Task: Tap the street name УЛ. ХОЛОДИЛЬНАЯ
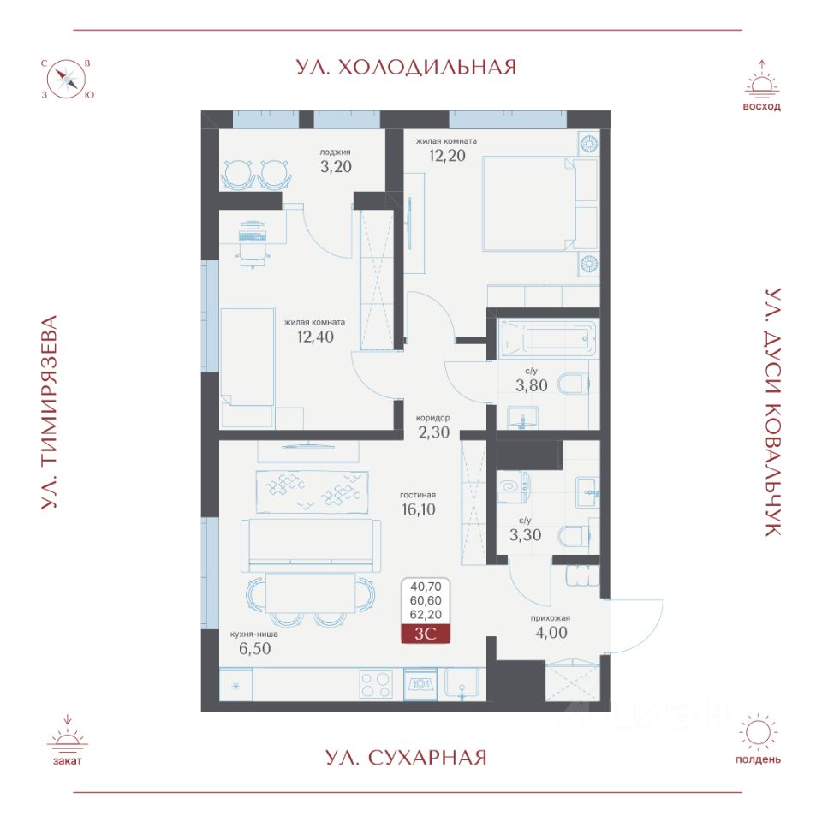point(406,67)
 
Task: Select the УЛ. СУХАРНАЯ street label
point(406,758)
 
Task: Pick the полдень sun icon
point(758,732)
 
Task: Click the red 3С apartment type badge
point(426,634)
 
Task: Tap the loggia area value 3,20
point(336,167)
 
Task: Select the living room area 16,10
point(419,509)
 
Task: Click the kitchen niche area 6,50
point(255,648)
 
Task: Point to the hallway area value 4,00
point(551,632)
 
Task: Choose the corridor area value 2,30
point(433,432)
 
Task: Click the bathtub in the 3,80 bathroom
point(548,339)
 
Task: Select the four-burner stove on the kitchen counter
point(376,685)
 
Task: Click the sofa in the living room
point(311,545)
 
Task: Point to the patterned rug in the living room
point(312,492)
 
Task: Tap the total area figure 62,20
point(426,615)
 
